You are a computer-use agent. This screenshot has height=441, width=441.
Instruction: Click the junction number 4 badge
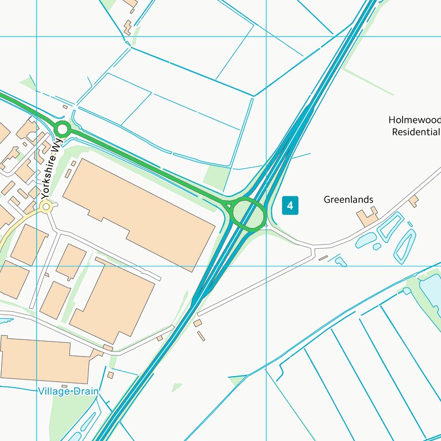(291, 205)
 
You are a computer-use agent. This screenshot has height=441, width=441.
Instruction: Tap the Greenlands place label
(348, 200)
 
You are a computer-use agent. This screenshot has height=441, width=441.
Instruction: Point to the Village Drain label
(68, 391)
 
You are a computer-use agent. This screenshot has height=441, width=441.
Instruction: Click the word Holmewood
(414, 120)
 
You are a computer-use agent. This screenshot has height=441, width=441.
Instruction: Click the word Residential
(416, 132)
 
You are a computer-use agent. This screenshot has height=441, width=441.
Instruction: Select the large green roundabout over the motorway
(247, 214)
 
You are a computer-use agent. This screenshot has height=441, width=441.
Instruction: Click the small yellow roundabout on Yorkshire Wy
(47, 207)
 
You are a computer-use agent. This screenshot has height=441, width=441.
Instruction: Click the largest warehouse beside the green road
(138, 213)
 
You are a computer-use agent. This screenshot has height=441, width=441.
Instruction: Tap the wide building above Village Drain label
(46, 359)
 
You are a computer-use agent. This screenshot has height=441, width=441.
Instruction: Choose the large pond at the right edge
(431, 291)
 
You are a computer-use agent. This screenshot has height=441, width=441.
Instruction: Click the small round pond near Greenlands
(377, 246)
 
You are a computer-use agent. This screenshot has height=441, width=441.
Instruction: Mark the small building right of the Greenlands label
(413, 200)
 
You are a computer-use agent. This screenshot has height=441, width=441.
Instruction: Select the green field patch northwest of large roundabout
(216, 177)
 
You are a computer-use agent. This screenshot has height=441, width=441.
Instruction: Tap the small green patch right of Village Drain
(176, 388)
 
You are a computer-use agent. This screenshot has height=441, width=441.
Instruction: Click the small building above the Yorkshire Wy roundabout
(65, 107)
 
